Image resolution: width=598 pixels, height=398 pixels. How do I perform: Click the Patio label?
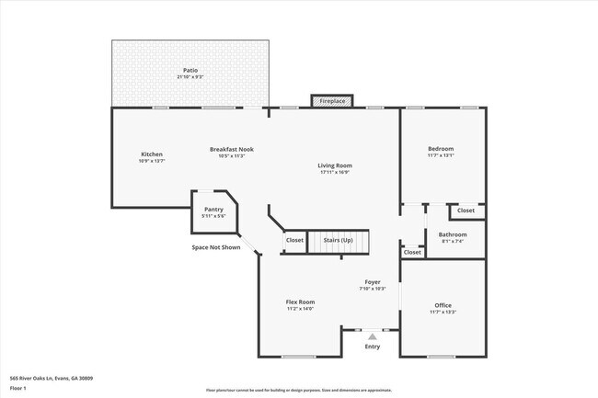pyautogui.click(x=190, y=70)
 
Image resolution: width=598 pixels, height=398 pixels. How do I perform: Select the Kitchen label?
pyautogui.click(x=152, y=154)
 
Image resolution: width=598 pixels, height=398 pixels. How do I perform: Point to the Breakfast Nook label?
pyautogui.click(x=231, y=149)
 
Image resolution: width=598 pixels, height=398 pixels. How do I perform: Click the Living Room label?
pyautogui.click(x=335, y=165)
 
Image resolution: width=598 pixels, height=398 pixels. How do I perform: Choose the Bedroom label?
pyautogui.click(x=441, y=149)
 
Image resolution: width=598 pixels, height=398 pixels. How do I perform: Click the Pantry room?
pyautogui.click(x=214, y=212)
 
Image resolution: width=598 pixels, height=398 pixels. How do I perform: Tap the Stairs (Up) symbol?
pyautogui.click(x=338, y=241)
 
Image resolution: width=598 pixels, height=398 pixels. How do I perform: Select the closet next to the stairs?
pyautogui.click(x=294, y=241)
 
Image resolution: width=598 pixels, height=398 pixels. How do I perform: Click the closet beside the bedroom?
pyautogui.click(x=466, y=210)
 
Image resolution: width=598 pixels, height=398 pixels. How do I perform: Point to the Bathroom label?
pyautogui.click(x=453, y=234)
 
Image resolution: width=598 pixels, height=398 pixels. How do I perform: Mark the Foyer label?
pyautogui.click(x=372, y=282)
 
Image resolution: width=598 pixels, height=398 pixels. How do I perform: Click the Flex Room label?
pyautogui.click(x=300, y=301)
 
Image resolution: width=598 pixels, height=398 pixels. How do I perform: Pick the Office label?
pyautogui.click(x=443, y=305)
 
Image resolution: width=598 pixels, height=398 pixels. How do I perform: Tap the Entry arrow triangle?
pyautogui.click(x=372, y=337)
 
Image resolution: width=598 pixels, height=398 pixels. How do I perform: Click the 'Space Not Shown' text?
pyautogui.click(x=216, y=247)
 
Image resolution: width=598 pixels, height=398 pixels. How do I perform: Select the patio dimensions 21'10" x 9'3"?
pyautogui.click(x=190, y=77)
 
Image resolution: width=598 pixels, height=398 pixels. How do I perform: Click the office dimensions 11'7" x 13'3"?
pyautogui.click(x=443, y=313)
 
